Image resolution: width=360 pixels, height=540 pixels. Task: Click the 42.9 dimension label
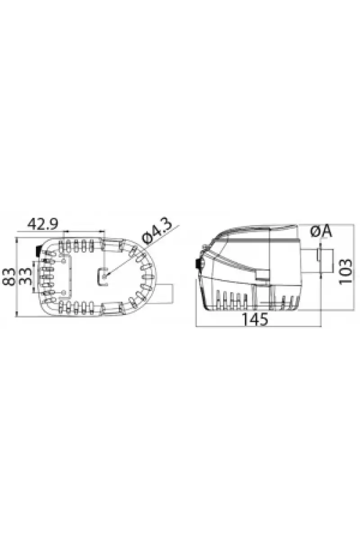click(43, 225)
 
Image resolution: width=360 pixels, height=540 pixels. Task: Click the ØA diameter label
click(321, 232)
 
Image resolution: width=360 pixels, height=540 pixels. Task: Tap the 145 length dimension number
click(255, 319)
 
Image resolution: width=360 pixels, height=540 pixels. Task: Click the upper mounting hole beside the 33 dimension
click(64, 261)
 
